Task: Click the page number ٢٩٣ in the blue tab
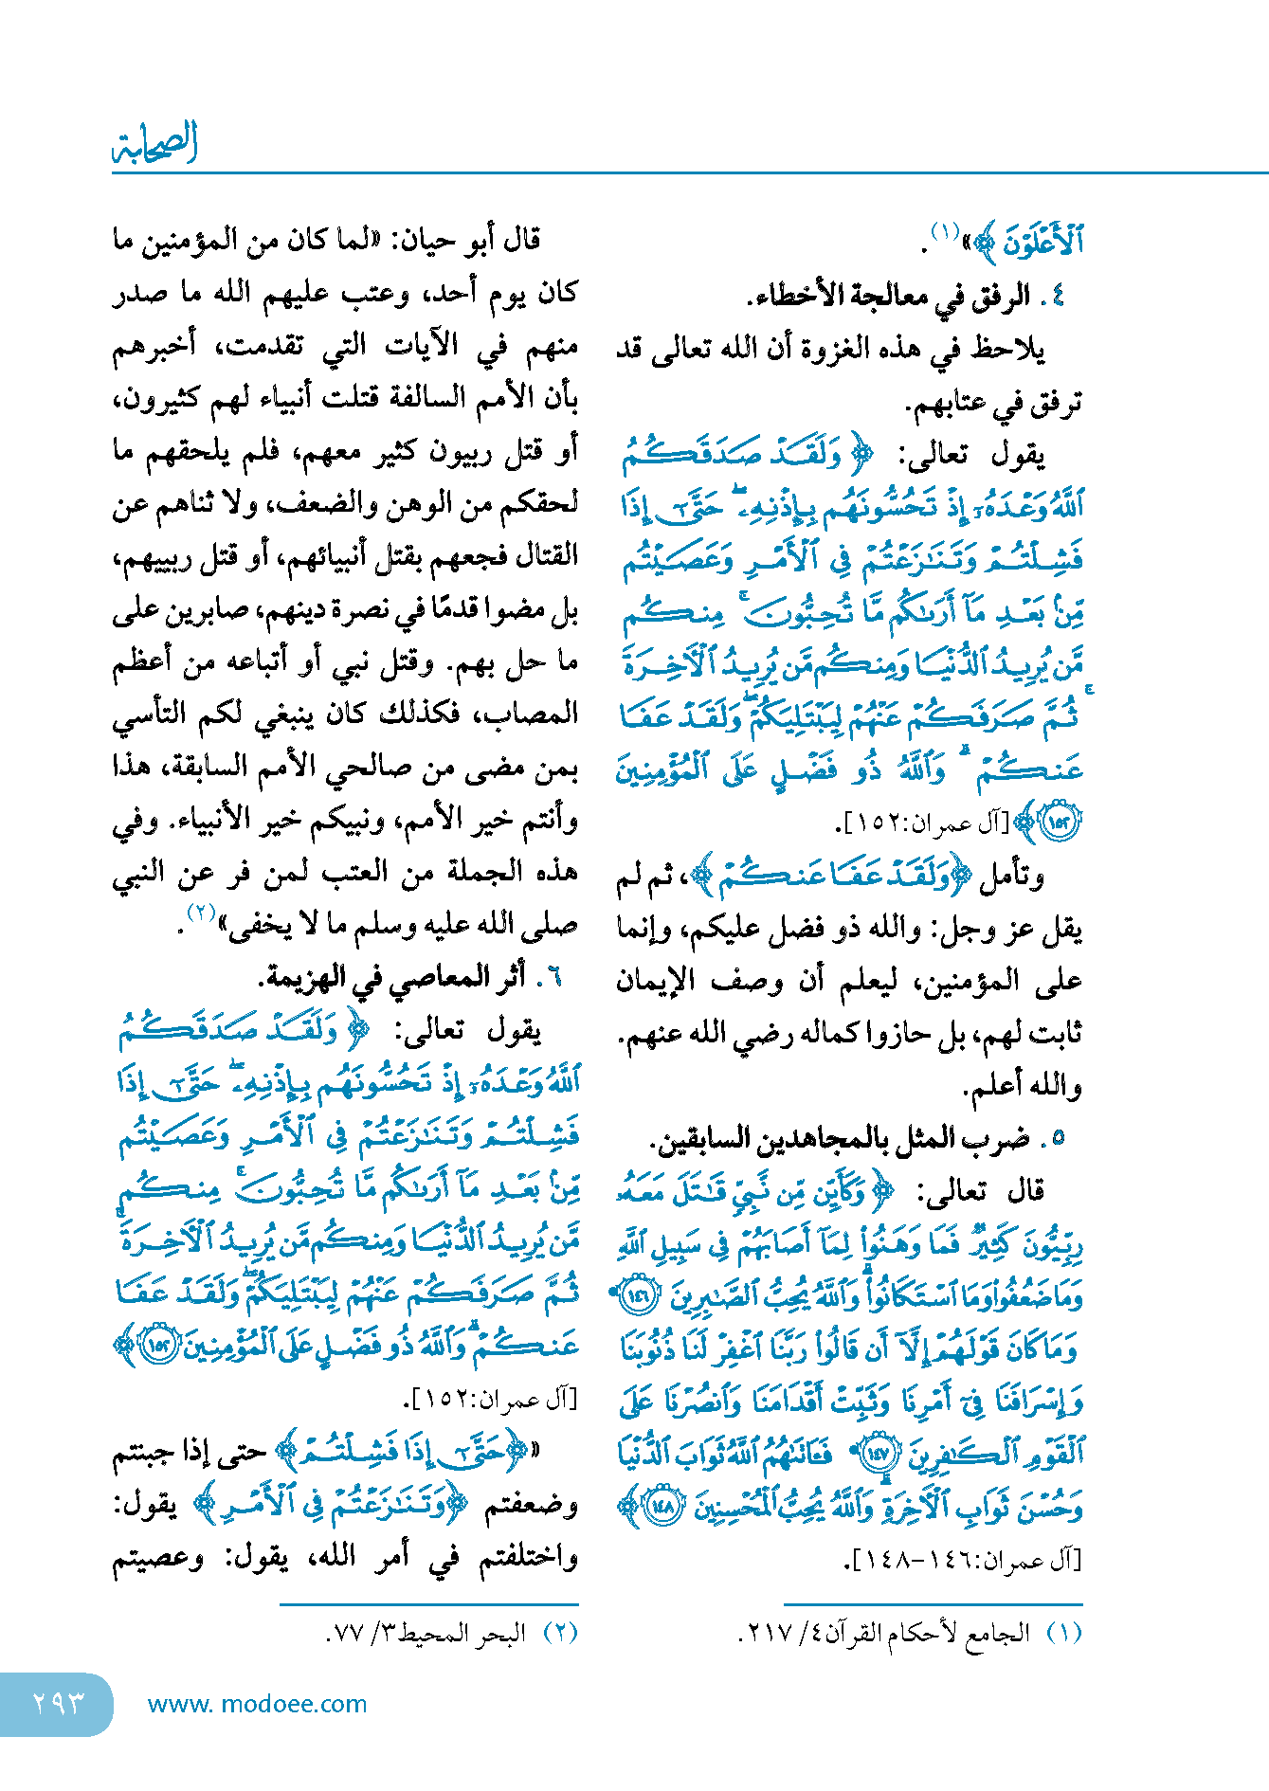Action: [x=58, y=1703]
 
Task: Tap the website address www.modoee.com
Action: [x=257, y=1704]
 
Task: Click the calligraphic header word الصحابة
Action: [x=155, y=144]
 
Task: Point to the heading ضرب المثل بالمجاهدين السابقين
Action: [x=840, y=1138]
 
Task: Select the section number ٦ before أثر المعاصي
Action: [x=556, y=977]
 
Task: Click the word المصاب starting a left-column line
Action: [x=536, y=715]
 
